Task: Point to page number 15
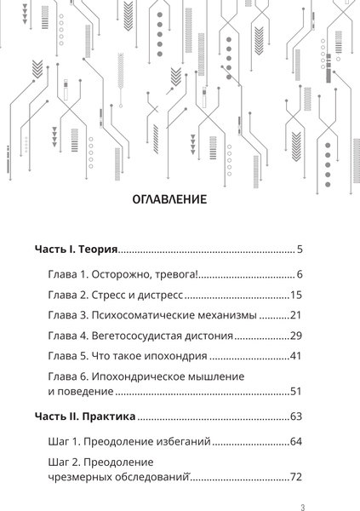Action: pyautogui.click(x=297, y=295)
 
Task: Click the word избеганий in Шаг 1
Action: pyautogui.click(x=181, y=441)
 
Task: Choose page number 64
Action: pyautogui.click(x=297, y=441)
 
